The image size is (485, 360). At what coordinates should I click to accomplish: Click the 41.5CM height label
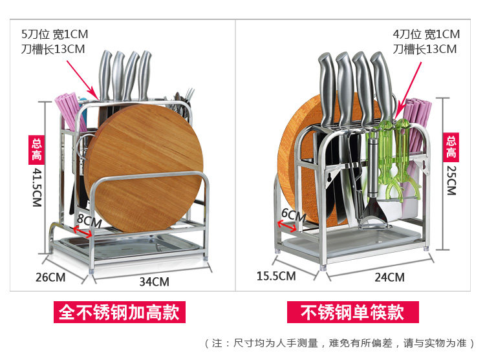click(x=37, y=187)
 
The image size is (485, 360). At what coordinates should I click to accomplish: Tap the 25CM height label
click(x=451, y=177)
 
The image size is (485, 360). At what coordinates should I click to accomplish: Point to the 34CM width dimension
click(x=154, y=282)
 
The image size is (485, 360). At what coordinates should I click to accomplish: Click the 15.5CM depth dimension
click(x=276, y=276)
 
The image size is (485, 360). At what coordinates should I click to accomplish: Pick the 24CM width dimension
click(x=389, y=277)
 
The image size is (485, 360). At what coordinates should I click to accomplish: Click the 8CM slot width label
click(x=89, y=222)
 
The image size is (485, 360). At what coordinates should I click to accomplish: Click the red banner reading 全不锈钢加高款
click(x=119, y=313)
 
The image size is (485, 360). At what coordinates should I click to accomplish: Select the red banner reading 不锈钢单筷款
click(x=352, y=313)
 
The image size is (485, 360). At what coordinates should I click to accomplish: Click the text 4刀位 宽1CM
click(x=426, y=34)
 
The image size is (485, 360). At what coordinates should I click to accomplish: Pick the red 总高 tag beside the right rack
click(x=451, y=147)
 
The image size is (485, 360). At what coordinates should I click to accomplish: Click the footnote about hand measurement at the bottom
click(x=339, y=343)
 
